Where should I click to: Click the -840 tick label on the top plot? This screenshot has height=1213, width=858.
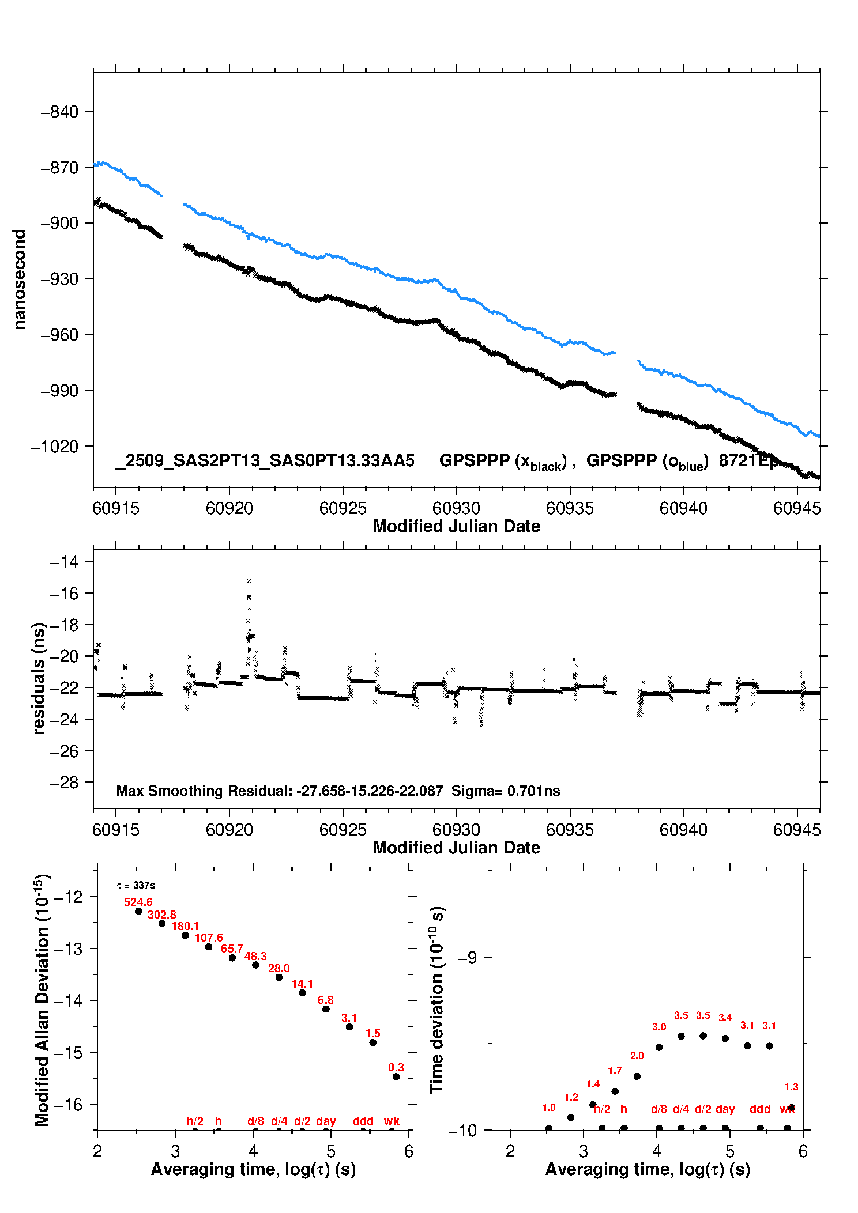tap(59, 112)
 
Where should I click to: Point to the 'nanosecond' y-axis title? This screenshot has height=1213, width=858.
tap(20, 279)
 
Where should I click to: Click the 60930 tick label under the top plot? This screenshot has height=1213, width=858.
tap(456, 508)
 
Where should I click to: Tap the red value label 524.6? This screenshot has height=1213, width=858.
tap(138, 902)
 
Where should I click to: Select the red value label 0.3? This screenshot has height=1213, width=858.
tap(396, 1068)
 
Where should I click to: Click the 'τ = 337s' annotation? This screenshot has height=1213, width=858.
tap(136, 885)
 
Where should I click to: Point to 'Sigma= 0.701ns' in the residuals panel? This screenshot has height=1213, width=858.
tap(506, 791)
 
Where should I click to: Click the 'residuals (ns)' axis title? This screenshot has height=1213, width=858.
tap(39, 678)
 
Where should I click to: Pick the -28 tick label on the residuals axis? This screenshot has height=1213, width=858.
tap(64, 783)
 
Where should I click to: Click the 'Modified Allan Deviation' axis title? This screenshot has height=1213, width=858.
tap(42, 1000)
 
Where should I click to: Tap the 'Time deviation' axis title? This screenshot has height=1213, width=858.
tap(436, 1000)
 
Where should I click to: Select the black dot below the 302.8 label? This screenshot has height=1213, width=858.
tap(162, 924)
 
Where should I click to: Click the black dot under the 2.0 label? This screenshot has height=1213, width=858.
tap(637, 1076)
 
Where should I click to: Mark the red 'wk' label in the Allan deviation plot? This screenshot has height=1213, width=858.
tap(392, 1121)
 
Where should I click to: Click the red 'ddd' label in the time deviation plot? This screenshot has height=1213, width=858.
tap(760, 1109)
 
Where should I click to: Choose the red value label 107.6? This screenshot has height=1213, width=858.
tap(209, 938)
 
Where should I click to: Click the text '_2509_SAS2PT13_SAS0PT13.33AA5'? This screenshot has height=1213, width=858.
tap(265, 460)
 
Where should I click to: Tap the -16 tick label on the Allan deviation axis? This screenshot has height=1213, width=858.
tap(68, 1104)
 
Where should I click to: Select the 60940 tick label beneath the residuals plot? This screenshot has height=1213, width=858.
tap(683, 830)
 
